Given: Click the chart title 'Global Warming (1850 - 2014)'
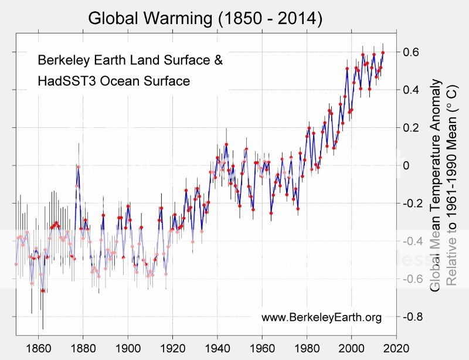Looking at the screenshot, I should (x=205, y=18).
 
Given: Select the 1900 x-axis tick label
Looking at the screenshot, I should (x=128, y=347).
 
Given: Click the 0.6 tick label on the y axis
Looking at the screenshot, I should (x=410, y=52).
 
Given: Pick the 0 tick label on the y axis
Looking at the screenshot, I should (x=407, y=165).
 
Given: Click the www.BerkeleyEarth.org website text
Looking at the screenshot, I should (x=321, y=318).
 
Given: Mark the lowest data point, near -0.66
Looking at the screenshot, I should (x=43, y=290).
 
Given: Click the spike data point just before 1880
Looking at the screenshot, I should (x=78, y=167).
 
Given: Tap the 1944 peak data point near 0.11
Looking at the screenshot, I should (x=226, y=144).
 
